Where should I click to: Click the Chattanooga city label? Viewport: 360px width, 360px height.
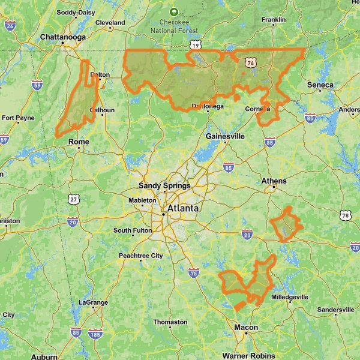point(63,37)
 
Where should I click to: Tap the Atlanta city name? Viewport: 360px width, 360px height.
point(183,209)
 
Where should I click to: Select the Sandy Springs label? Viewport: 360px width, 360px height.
point(164,186)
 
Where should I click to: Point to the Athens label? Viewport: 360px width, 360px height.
point(274,181)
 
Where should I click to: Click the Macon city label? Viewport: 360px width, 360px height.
point(246,328)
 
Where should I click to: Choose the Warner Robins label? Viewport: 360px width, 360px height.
point(248,355)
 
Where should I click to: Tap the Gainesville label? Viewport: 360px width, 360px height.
point(225,136)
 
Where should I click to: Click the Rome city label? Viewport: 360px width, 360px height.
point(79,142)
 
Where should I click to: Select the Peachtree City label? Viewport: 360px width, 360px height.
point(140,256)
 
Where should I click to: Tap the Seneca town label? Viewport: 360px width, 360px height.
point(320,85)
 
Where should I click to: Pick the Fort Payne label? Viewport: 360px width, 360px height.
point(18,118)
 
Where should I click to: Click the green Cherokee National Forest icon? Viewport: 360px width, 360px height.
point(174,11)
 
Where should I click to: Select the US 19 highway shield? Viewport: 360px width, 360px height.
point(195,45)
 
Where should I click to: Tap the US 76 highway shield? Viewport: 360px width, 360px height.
point(251,62)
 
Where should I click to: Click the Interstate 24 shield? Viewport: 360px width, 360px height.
point(10,25)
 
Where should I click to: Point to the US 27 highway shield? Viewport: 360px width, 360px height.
point(73,199)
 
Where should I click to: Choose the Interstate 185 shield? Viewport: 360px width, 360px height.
point(94,334)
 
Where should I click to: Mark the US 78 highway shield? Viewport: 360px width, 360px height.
point(344,215)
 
